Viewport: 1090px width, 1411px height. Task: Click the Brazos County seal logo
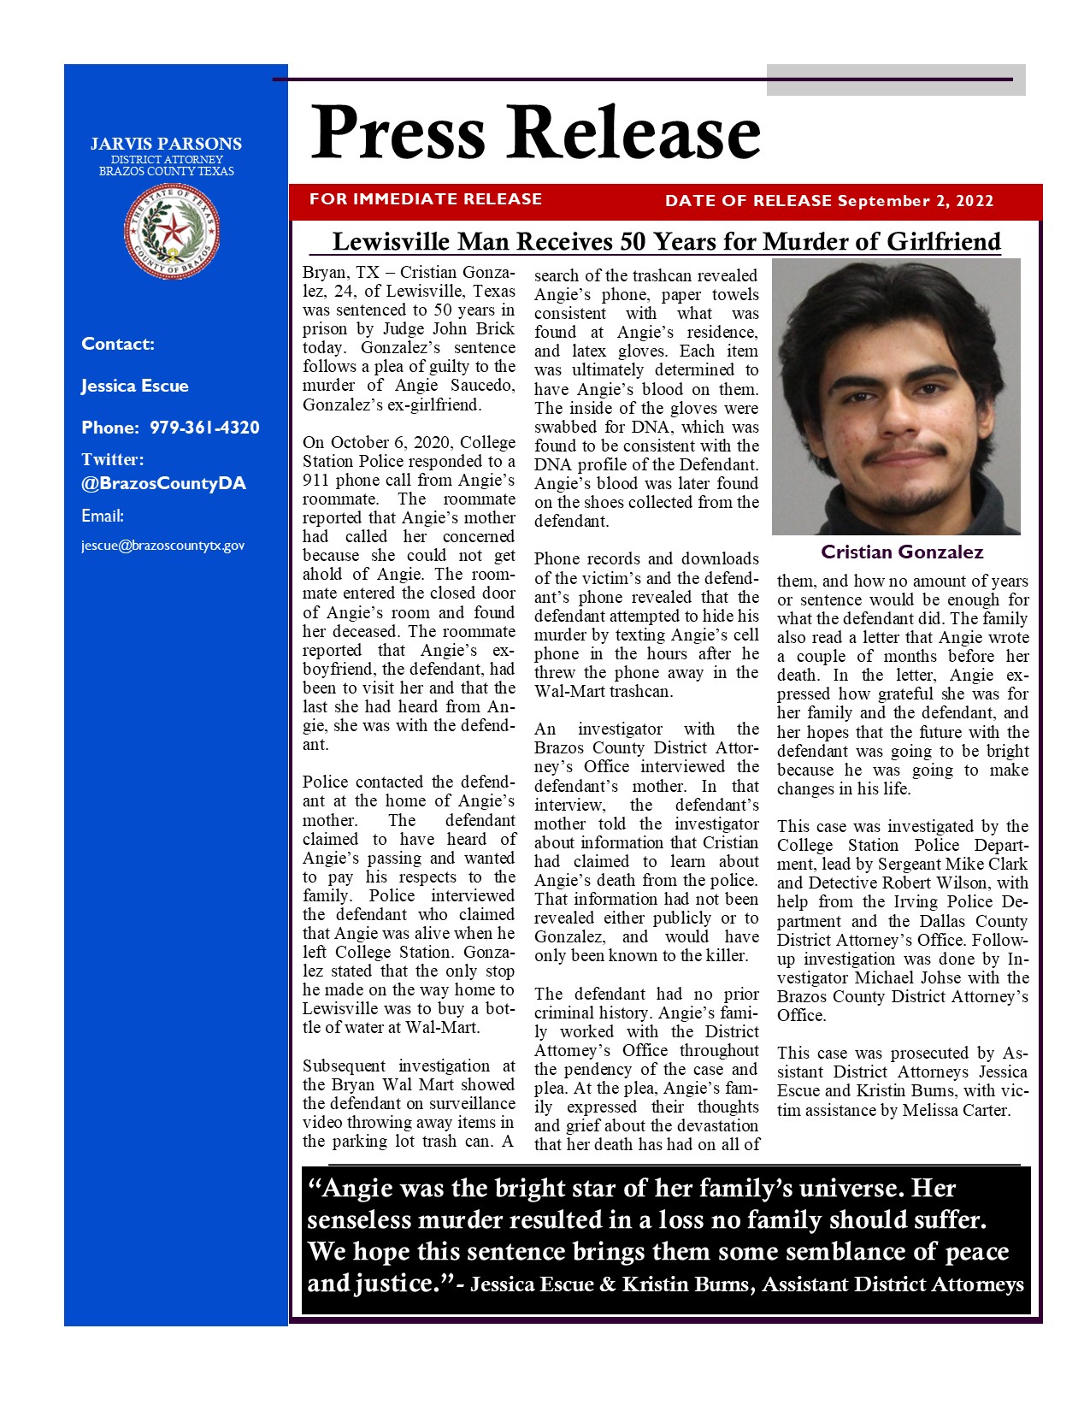click(172, 231)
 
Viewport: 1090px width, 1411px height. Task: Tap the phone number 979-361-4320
click(204, 428)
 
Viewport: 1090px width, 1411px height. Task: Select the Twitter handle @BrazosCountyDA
click(163, 483)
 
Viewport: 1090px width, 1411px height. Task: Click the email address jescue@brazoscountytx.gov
click(162, 546)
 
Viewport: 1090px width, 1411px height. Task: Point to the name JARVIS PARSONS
click(166, 144)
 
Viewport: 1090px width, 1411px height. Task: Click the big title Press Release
click(535, 133)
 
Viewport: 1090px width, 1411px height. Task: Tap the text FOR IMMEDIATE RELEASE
click(426, 199)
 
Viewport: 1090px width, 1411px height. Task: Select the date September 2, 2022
click(916, 201)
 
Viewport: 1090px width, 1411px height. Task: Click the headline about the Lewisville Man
click(666, 241)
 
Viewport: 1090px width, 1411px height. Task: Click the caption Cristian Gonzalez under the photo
click(902, 552)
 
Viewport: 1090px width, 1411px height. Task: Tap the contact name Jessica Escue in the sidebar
click(135, 386)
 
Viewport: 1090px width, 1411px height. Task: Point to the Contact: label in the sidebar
click(118, 344)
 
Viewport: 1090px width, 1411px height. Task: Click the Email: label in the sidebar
click(103, 516)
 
